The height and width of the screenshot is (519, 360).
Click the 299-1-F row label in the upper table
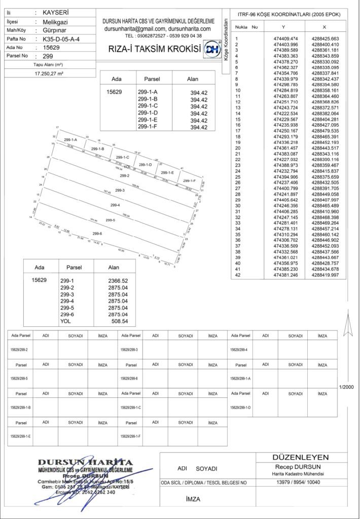point(148,128)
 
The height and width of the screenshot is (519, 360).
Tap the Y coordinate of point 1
point(285,39)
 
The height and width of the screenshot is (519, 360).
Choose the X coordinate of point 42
point(326,275)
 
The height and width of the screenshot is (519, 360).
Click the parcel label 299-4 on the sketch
point(115,205)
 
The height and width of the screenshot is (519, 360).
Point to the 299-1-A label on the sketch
point(70,139)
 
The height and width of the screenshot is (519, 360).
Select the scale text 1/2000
point(347,387)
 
